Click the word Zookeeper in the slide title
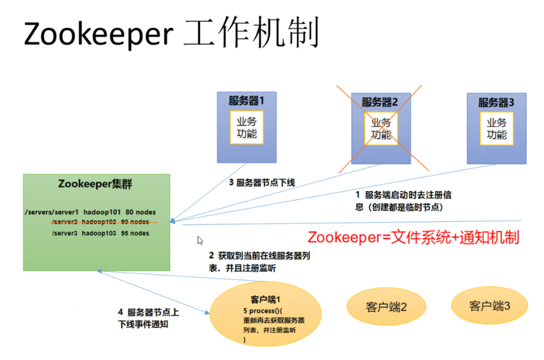click(x=99, y=34)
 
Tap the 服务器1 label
click(x=246, y=101)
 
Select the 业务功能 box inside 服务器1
click(x=246, y=127)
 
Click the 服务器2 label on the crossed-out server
click(x=380, y=102)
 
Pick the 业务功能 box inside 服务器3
click(x=496, y=128)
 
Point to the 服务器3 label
click(x=496, y=102)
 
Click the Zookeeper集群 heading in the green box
click(x=95, y=184)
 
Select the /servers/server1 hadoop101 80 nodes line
click(x=90, y=212)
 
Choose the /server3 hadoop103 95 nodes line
click(x=101, y=233)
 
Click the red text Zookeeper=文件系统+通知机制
click(x=413, y=238)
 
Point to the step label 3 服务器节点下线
click(x=262, y=183)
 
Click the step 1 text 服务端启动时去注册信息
click(x=403, y=201)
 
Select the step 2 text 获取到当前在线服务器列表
click(x=260, y=262)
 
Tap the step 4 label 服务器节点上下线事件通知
click(x=148, y=318)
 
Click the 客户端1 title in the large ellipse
click(x=265, y=299)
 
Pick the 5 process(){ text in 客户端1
click(x=263, y=311)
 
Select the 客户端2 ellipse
click(x=386, y=307)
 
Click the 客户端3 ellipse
click(x=489, y=305)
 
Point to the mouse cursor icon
click(x=200, y=241)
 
